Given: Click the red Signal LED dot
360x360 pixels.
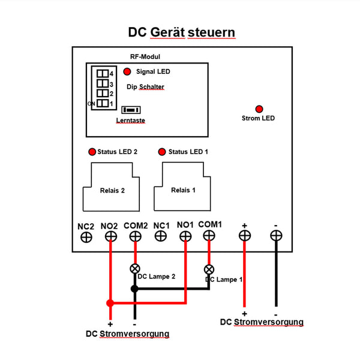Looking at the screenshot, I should [127, 71].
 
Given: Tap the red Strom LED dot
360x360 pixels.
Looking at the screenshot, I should [259, 109].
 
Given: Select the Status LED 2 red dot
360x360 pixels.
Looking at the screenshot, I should [92, 151].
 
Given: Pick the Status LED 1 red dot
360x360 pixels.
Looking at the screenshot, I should [161, 151].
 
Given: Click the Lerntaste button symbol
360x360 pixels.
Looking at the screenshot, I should [130, 110].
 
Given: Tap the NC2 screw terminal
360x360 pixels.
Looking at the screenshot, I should [86, 236].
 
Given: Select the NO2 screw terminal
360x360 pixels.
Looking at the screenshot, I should [110, 236].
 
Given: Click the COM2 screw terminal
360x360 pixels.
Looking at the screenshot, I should [135, 236].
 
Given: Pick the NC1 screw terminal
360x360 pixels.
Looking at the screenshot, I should [160, 236].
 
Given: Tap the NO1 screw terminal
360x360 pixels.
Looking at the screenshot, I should [185, 236].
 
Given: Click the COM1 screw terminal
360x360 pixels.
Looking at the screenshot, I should [209, 236].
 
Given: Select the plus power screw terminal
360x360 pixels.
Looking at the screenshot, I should [244, 236].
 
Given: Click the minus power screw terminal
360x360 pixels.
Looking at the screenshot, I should [275, 236].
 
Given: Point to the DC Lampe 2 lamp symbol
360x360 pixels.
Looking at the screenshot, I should [135, 268].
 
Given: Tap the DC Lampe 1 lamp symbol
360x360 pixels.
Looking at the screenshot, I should [209, 268].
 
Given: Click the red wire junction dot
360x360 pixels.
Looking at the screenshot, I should [110, 303].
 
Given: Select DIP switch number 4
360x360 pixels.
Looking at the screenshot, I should [103, 73].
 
